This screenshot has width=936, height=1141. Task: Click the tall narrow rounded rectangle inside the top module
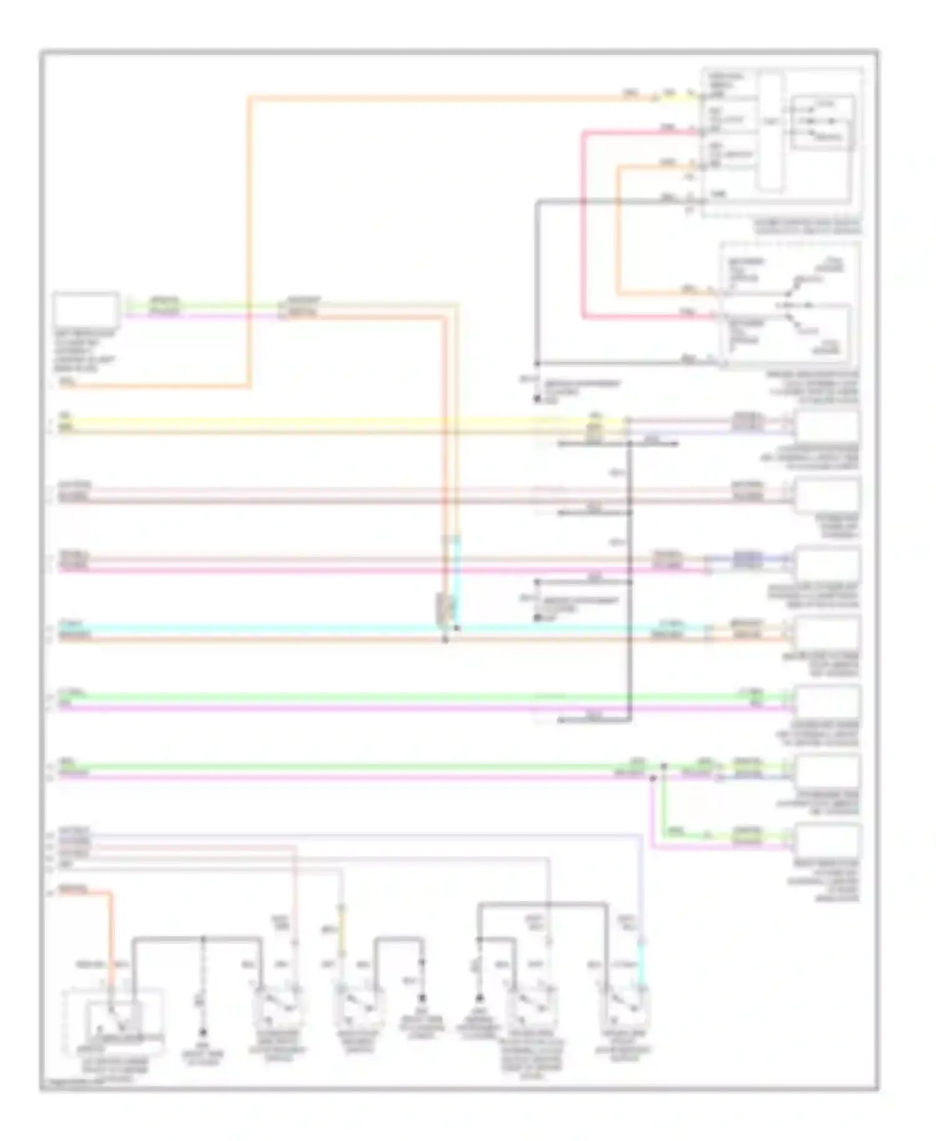click(x=771, y=131)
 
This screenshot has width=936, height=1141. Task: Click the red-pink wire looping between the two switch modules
click(x=583, y=225)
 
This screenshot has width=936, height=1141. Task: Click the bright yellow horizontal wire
click(x=312, y=421)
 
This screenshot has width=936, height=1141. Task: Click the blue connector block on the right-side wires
click(x=747, y=559)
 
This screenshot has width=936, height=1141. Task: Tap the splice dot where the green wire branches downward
click(x=663, y=766)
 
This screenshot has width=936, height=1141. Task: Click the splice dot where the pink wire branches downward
click(x=653, y=778)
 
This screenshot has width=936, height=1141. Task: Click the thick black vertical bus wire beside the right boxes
click(x=630, y=580)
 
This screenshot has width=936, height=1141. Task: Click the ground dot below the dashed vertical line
click(x=202, y=1032)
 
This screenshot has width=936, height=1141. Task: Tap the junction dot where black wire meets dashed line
click(x=202, y=938)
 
